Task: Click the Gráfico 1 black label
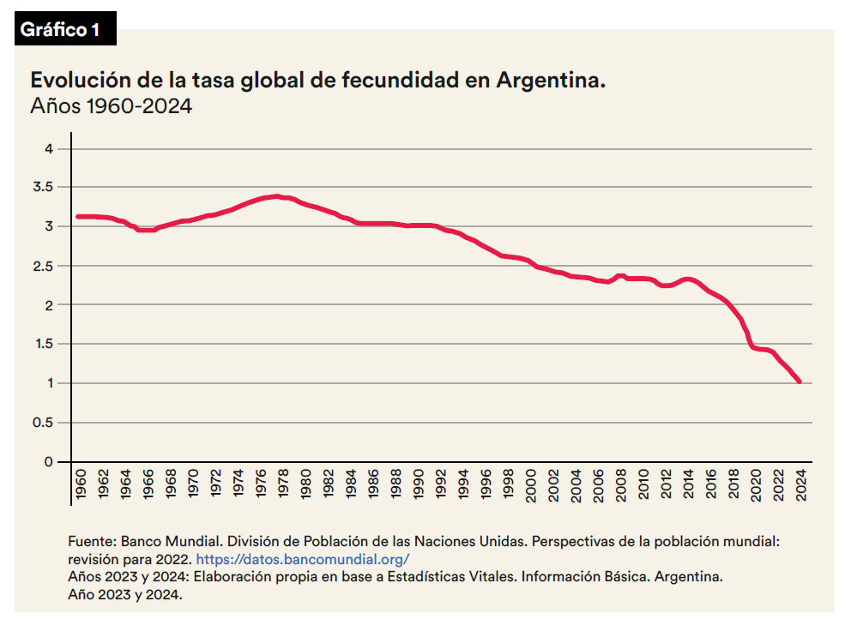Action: (x=65, y=28)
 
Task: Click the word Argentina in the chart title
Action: (x=551, y=81)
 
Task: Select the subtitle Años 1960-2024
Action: (x=112, y=105)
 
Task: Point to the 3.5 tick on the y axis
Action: (x=44, y=187)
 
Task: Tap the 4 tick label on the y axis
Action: (x=50, y=148)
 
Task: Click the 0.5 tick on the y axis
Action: (x=44, y=422)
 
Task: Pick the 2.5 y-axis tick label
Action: (x=44, y=266)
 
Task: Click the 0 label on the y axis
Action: (x=50, y=462)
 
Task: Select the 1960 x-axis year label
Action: (x=81, y=484)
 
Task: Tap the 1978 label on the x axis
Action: (x=283, y=484)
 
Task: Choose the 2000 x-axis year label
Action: (x=531, y=485)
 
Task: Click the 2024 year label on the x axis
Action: (x=801, y=485)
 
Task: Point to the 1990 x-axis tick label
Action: (x=419, y=484)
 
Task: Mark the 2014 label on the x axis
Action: (x=689, y=484)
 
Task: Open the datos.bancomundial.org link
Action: (x=303, y=559)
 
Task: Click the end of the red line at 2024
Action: (x=800, y=382)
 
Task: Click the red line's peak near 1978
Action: (x=277, y=195)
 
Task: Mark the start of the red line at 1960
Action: (x=77, y=217)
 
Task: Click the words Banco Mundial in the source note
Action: (x=171, y=542)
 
